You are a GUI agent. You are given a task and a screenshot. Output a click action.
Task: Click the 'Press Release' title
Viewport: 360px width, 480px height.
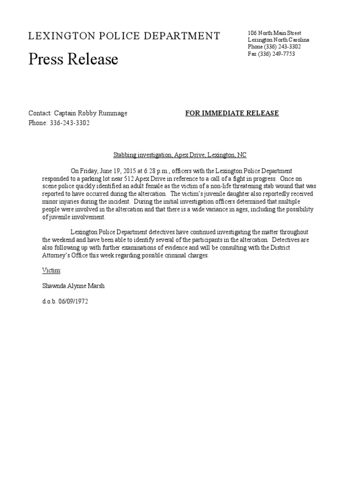73,60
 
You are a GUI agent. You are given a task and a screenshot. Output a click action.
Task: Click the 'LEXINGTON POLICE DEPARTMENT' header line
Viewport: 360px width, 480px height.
124,36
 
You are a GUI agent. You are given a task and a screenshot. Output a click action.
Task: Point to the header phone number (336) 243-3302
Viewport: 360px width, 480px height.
284,47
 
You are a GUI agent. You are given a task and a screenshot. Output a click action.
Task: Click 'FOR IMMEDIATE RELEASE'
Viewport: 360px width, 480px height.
232,113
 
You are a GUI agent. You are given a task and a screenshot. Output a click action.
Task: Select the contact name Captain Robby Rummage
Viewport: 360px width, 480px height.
90,113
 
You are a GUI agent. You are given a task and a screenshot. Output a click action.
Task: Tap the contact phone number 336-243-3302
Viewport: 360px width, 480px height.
69,123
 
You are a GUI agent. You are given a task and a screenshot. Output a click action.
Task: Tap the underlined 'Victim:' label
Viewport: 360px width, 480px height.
52,271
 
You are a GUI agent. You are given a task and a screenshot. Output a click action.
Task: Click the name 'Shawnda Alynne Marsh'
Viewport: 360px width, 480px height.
73,286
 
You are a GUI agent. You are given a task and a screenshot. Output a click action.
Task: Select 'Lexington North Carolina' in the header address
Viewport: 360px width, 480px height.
278,40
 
